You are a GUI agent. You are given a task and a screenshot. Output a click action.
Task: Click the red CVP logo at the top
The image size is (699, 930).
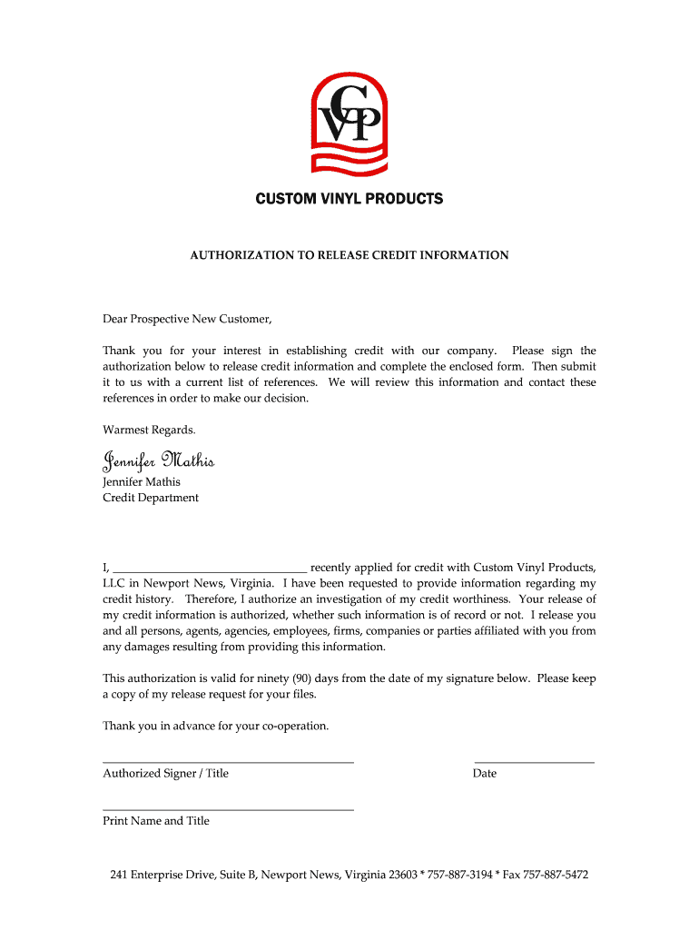[x=349, y=123]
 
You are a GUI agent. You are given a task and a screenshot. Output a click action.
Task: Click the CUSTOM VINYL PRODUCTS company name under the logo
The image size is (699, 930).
[x=349, y=198]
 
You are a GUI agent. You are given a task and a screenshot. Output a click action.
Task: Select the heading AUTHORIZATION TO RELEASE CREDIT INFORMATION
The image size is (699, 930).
[x=349, y=255]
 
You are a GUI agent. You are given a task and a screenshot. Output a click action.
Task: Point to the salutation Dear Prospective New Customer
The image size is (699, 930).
[x=187, y=319]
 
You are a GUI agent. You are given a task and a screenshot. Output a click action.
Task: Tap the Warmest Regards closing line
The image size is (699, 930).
[x=149, y=430]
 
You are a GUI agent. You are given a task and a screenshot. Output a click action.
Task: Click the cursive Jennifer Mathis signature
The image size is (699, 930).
[x=159, y=460]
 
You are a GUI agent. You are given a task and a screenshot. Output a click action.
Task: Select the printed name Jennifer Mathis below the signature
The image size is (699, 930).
[x=142, y=481]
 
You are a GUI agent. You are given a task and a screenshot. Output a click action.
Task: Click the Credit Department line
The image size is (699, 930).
[x=151, y=498]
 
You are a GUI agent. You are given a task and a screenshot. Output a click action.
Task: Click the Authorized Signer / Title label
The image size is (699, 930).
[x=165, y=774]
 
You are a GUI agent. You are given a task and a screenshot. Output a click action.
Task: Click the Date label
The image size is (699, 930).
[x=485, y=774]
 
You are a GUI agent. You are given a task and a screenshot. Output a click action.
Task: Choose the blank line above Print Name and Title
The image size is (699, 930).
[x=228, y=809]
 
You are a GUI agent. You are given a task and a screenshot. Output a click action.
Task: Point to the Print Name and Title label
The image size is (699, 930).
[x=156, y=821]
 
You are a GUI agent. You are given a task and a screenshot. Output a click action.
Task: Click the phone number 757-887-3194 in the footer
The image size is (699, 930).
[x=458, y=875]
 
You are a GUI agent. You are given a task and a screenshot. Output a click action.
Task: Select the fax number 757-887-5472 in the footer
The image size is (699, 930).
[x=556, y=875]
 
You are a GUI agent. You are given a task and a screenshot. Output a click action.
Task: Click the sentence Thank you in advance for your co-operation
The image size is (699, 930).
[x=216, y=726]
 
